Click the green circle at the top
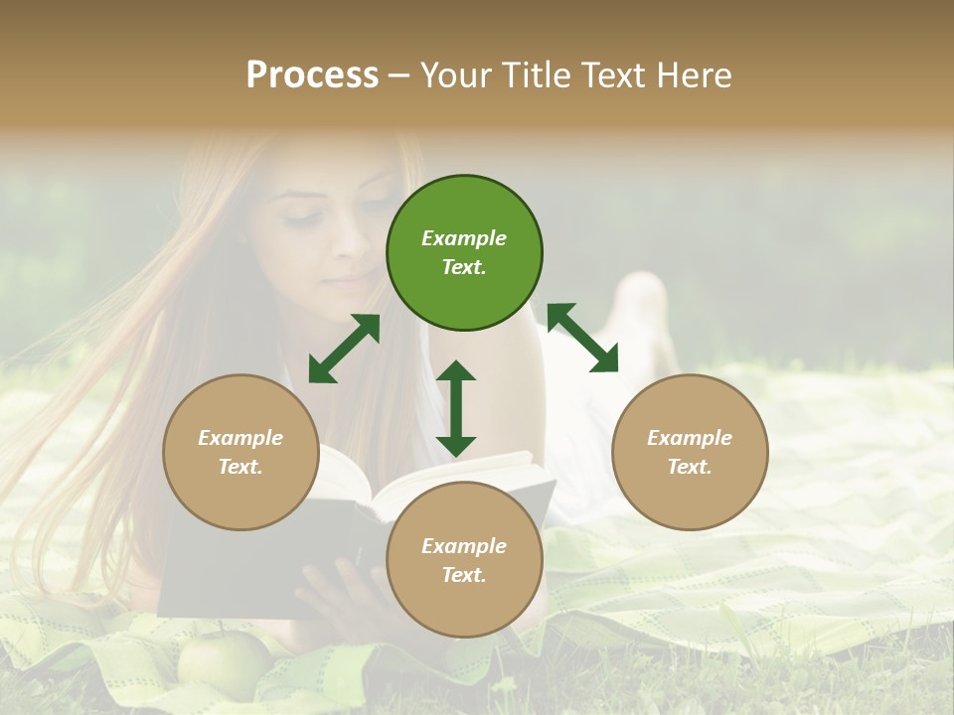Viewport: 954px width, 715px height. pyautogui.click(x=464, y=253)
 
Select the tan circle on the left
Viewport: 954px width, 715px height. pyautogui.click(x=240, y=453)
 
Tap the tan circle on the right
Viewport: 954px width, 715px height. pyautogui.click(x=690, y=453)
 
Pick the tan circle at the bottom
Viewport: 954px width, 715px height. pyautogui.click(x=464, y=560)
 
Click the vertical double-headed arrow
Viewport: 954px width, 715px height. pyautogui.click(x=456, y=408)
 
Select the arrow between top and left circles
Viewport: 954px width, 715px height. pyautogui.click(x=344, y=349)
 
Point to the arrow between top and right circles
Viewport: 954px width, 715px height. pyautogui.click(x=582, y=338)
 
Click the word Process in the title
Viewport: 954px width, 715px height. pyautogui.click(x=312, y=75)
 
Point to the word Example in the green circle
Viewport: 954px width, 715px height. pyautogui.click(x=464, y=238)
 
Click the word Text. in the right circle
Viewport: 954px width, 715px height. pyautogui.click(x=690, y=467)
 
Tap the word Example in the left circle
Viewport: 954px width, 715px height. pyautogui.click(x=240, y=438)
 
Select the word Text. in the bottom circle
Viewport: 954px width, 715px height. pyautogui.click(x=464, y=575)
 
